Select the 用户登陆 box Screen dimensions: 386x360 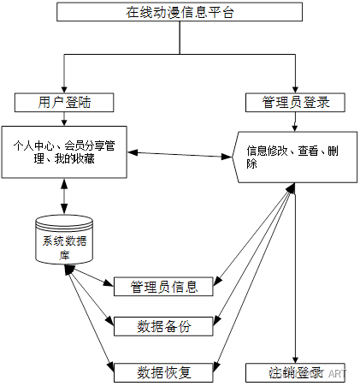point(64,103)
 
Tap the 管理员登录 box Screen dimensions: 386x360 point(294,103)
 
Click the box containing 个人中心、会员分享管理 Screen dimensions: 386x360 point(64,152)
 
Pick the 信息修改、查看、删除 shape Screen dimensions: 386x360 point(294,157)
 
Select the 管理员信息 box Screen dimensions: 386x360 point(163,286)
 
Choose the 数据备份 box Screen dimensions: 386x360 point(163,327)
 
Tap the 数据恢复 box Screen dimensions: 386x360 point(163,372)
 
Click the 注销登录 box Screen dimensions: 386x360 point(295,372)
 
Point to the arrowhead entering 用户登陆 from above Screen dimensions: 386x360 point(64,89)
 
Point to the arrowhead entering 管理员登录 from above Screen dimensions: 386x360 point(294,89)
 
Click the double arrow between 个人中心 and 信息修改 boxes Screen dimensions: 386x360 point(180,154)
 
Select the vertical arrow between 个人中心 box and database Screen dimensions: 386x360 point(64,196)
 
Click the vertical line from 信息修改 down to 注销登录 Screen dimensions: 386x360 point(294,274)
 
